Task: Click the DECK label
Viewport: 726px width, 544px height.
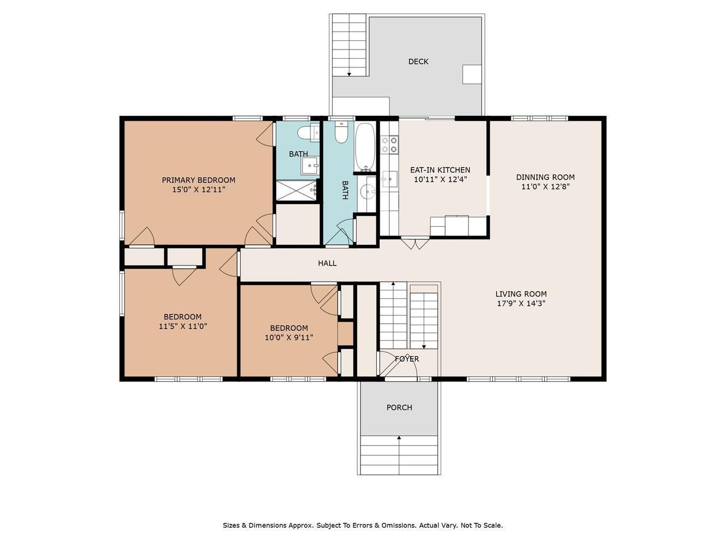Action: coord(418,61)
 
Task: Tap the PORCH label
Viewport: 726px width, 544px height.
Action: coord(399,407)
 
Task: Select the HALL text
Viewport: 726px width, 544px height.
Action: coord(327,263)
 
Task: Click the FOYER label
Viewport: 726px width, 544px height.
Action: coord(407,359)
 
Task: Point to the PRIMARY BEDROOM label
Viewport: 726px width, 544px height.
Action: coord(198,180)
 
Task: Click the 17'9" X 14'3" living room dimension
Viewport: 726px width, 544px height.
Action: coord(521,303)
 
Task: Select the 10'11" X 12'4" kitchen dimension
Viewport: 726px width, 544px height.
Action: coord(440,180)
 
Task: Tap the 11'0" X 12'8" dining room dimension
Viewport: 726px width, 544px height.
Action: coord(545,187)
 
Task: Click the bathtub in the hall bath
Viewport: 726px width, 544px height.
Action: coord(365,147)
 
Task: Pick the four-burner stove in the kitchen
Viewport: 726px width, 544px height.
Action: coord(389,145)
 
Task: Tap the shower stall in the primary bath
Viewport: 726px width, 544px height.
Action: coord(296,190)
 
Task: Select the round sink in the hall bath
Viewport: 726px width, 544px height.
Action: coord(367,190)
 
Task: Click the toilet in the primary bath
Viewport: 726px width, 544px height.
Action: coord(308,133)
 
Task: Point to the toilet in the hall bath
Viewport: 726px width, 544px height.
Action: coord(341,132)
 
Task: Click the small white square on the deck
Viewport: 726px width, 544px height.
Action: coord(472,75)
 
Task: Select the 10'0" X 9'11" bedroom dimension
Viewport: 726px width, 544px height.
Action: coord(289,338)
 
